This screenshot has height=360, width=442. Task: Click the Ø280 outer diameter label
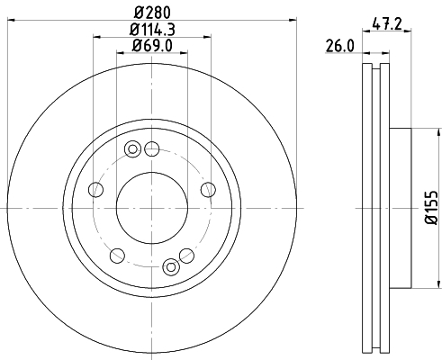click(x=152, y=12)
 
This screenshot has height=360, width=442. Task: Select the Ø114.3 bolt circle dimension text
click(x=152, y=29)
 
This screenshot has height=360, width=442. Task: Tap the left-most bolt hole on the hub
click(x=96, y=189)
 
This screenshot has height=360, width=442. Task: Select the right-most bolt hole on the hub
click(x=208, y=189)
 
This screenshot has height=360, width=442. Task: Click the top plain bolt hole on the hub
click(x=152, y=148)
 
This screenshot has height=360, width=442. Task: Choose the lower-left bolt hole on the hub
click(x=117, y=255)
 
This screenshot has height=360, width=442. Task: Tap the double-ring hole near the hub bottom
click(x=171, y=265)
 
